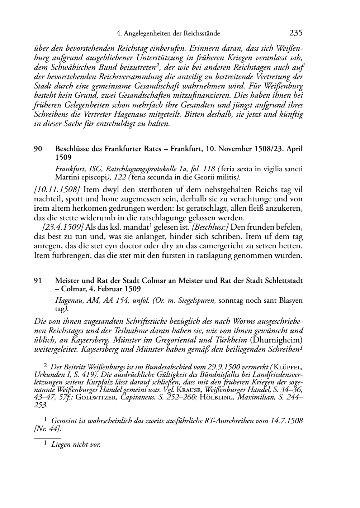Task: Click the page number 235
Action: pos(296,33)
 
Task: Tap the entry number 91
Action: pos(38,281)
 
